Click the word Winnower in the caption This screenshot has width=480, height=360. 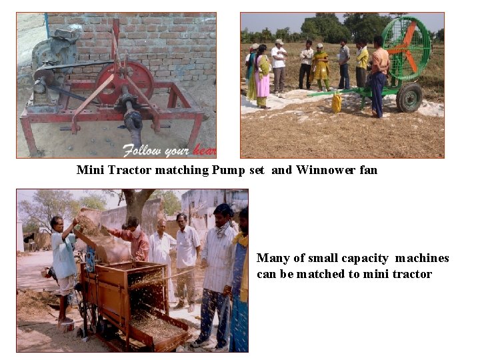[x=325, y=170]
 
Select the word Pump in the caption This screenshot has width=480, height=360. [x=229, y=170]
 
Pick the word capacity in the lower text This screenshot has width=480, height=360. [x=365, y=259]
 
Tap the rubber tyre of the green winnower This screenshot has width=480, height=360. [x=409, y=98]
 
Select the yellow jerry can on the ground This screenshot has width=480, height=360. [x=337, y=103]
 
